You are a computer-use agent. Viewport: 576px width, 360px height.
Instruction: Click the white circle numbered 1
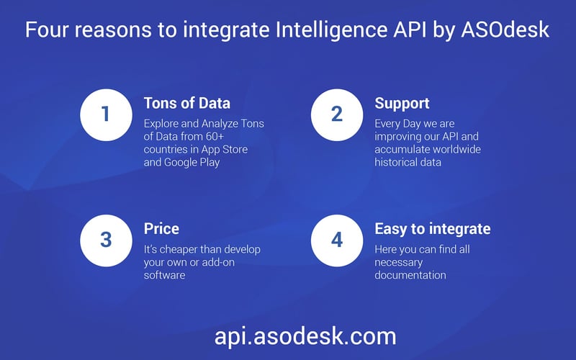pyautogui.click(x=106, y=114)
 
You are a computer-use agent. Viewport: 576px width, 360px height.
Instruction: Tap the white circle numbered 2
pyautogui.click(x=337, y=114)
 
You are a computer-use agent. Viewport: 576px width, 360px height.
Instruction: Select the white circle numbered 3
pyautogui.click(x=106, y=239)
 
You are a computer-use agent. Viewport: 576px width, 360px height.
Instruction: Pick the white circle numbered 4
pyautogui.click(x=337, y=239)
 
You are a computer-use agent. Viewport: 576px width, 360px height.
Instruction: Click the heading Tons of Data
pyautogui.click(x=187, y=103)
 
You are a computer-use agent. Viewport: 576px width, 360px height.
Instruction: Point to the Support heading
pyautogui.click(x=402, y=103)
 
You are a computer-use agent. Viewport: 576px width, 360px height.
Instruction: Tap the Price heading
pyautogui.click(x=161, y=229)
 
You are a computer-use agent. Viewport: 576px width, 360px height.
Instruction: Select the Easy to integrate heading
pyautogui.click(x=432, y=229)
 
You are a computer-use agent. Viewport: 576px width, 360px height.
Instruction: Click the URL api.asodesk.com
pyautogui.click(x=305, y=336)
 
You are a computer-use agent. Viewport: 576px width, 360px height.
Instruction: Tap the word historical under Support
pyautogui.click(x=398, y=163)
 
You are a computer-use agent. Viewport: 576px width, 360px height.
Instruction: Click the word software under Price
pyautogui.click(x=166, y=275)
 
